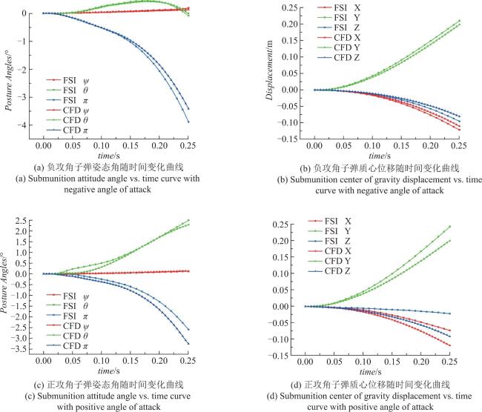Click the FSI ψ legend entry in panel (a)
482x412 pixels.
pyautogui.click(x=67, y=81)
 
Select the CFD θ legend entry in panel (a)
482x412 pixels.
pyautogui.click(x=67, y=120)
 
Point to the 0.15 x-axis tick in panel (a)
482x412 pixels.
pyautogui.click(x=131, y=146)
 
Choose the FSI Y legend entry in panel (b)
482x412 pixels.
pyautogui.click(x=338, y=18)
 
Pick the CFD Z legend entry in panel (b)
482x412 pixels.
pyautogui.click(x=338, y=58)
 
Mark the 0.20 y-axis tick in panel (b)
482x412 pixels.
pyautogui.click(x=290, y=24)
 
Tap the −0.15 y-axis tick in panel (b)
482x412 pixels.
pyautogui.click(x=288, y=139)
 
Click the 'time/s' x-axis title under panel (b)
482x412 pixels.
pyautogui.click(x=380, y=156)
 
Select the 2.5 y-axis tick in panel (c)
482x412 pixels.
pyautogui.click(x=22, y=221)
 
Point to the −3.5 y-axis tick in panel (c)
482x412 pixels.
pyautogui.click(x=19, y=349)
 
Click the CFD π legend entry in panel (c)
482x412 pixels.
pyautogui.click(x=67, y=346)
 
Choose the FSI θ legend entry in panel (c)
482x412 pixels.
pyautogui.click(x=67, y=306)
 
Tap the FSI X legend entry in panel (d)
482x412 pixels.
pyautogui.click(x=329, y=222)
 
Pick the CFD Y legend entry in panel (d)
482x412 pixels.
pyautogui.click(x=329, y=261)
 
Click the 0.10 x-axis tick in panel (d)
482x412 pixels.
pyautogui.click(x=363, y=362)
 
